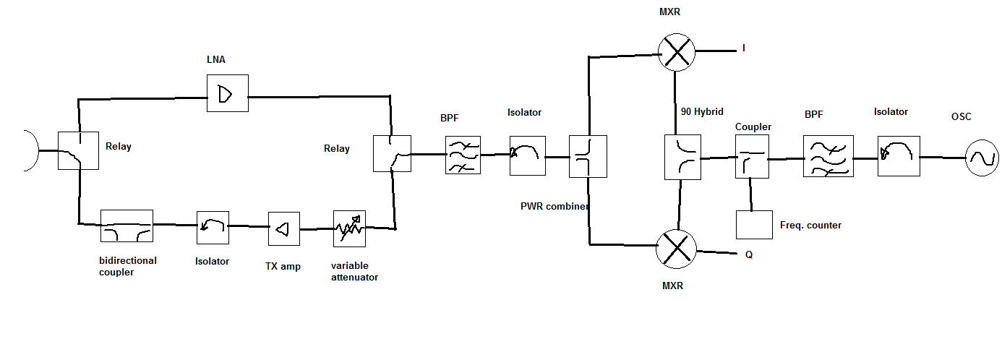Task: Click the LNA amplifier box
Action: (227, 93)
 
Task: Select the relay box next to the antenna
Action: (78, 150)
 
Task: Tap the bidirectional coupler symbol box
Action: (127, 226)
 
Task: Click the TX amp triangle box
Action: (283, 228)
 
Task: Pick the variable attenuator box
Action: (349, 228)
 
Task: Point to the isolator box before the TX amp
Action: (213, 228)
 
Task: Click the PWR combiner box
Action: (587, 157)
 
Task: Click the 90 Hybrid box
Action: (683, 157)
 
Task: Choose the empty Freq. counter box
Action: (754, 225)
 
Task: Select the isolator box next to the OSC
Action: (899, 155)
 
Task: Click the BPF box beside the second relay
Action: (463, 155)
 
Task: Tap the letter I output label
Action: (743, 48)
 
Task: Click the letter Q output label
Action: (749, 254)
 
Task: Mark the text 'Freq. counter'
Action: (810, 226)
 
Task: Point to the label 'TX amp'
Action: (283, 266)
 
